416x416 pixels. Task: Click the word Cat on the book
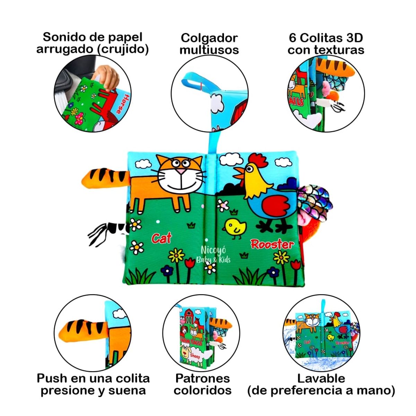pos(162,238)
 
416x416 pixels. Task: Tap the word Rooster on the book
pos(272,244)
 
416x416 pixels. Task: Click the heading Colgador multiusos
pos(209,44)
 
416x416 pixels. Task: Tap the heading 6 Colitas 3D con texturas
pos(326,44)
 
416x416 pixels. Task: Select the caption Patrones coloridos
pos(203,384)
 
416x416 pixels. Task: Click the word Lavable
pos(321,378)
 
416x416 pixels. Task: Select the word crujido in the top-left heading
pos(123,49)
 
